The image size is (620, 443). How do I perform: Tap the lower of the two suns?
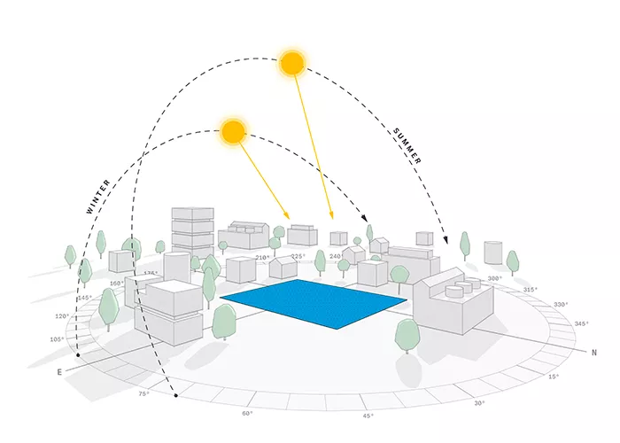(x=233, y=132)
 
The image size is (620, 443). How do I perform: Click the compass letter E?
(x=60, y=372)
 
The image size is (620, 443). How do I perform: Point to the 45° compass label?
(x=368, y=416)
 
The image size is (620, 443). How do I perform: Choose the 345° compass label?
(x=581, y=324)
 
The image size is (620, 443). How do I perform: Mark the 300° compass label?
(x=495, y=278)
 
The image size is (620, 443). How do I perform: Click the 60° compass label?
(x=247, y=413)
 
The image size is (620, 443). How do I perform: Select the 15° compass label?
(x=554, y=377)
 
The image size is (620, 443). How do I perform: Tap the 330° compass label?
(x=560, y=304)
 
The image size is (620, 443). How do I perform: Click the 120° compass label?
(x=62, y=316)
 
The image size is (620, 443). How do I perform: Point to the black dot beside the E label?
(x=79, y=355)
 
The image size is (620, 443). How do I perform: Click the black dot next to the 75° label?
(x=177, y=395)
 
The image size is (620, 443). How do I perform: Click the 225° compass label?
(x=298, y=257)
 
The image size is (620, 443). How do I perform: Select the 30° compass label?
(x=479, y=403)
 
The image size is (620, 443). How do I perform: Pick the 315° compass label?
(x=531, y=290)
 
